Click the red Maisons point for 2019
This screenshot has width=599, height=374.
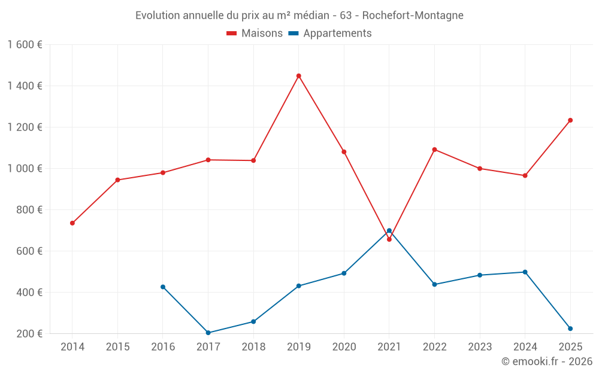(x=299, y=76)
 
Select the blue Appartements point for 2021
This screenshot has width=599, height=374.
(x=389, y=230)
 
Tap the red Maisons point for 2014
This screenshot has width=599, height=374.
(x=72, y=223)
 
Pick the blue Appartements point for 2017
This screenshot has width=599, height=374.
(x=208, y=333)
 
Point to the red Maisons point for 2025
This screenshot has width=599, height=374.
(x=570, y=120)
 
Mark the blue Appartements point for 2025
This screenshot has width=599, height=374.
(x=570, y=329)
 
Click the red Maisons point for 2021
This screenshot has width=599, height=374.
(x=389, y=239)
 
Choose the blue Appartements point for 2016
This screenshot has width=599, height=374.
(x=163, y=287)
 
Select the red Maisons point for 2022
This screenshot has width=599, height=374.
(x=434, y=150)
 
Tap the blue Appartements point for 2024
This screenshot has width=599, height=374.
(x=525, y=272)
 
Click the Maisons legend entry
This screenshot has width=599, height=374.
(x=255, y=33)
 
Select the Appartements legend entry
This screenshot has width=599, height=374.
(x=330, y=33)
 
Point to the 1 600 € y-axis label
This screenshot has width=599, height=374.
(x=25, y=45)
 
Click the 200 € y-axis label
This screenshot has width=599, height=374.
(x=29, y=333)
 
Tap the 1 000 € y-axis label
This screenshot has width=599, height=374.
(x=25, y=168)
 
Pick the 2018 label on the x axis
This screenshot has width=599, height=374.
(x=253, y=346)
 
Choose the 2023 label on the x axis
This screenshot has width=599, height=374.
(x=480, y=346)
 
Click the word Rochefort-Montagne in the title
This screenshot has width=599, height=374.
(x=413, y=16)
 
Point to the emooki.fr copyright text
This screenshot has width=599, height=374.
(x=547, y=361)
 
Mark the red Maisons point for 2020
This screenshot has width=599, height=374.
(x=344, y=152)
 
